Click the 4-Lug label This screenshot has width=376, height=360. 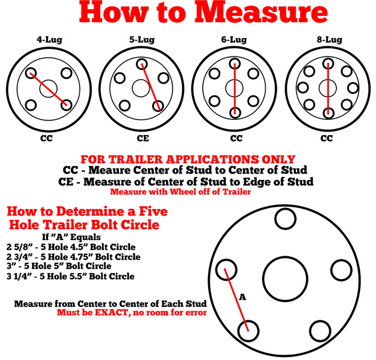tap(50, 40)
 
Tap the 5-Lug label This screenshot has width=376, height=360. tap(142, 40)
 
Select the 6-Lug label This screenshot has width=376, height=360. tap(234, 40)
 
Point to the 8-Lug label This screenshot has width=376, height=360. tap(329, 40)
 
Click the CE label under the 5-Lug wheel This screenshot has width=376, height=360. tap(143, 138)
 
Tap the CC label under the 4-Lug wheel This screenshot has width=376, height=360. tap(46, 138)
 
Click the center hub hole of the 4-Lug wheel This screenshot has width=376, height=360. tap(48, 89)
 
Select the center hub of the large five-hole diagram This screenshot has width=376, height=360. tap(285, 279)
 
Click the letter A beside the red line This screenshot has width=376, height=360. tap(243, 297)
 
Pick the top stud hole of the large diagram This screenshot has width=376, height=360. tap(286, 219)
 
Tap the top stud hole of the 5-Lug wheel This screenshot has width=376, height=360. tap(142, 64)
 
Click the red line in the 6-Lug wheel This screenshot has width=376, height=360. tap(234, 89)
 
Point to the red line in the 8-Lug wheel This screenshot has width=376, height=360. tap(328, 89)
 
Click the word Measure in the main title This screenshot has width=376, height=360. tap(261, 12)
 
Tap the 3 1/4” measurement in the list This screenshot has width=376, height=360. tap(19, 276)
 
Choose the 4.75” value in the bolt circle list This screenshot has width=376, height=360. tap(79, 257)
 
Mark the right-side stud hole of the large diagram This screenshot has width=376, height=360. tap(341, 270)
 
